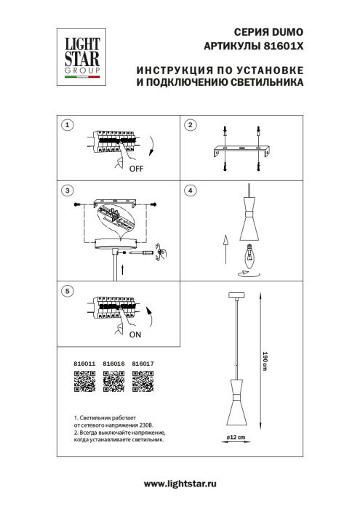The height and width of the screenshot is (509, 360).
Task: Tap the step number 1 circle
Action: point(68,125)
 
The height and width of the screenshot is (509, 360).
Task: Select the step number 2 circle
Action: point(191,125)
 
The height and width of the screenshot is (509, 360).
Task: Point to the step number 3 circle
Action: point(68,191)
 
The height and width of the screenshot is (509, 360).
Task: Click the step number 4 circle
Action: point(191,191)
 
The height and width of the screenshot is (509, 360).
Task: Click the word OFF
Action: point(136,169)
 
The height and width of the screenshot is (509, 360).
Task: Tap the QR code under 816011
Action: point(85,381)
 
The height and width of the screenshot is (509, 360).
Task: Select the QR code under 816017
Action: point(142,381)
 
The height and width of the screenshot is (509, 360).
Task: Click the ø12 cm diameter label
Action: point(233,436)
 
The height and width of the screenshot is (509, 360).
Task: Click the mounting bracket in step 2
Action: point(242,151)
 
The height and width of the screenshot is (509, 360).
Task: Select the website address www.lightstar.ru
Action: point(180,484)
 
